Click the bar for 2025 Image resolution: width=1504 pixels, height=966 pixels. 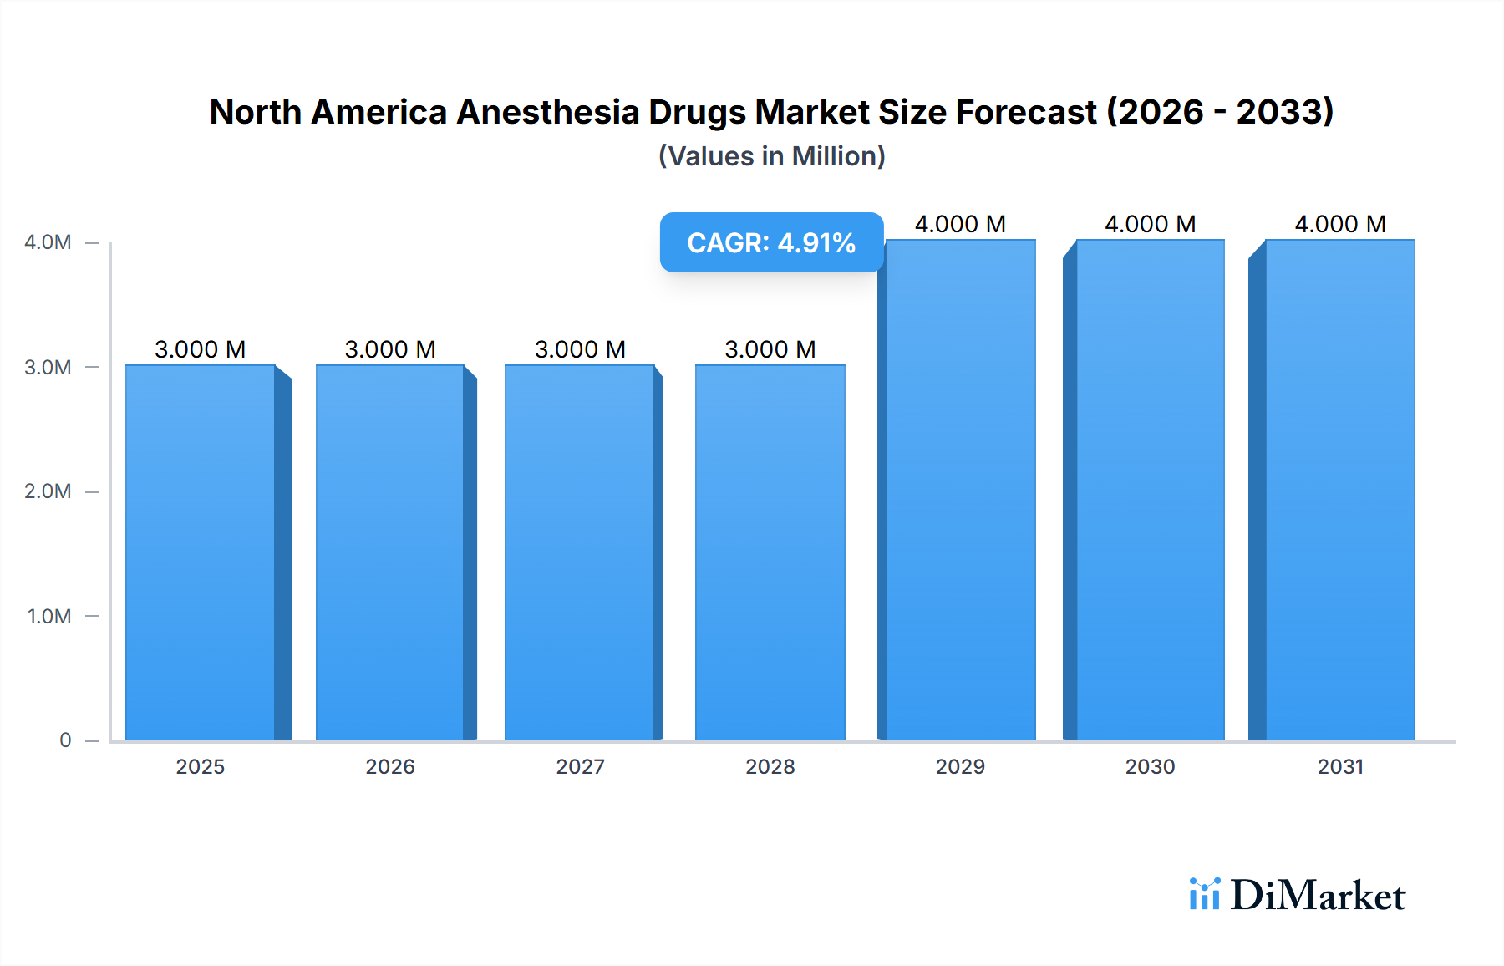click(201, 552)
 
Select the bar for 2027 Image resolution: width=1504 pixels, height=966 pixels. click(580, 552)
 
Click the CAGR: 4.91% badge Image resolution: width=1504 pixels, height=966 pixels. click(771, 242)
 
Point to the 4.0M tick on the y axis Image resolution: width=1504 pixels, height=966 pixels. click(48, 242)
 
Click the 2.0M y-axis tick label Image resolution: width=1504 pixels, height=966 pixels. click(48, 491)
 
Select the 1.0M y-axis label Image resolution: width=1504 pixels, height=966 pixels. click(48, 616)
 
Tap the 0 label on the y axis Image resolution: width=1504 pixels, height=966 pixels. click(65, 740)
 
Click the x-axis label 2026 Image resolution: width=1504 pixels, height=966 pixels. click(390, 766)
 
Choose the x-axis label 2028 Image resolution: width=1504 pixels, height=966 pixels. click(770, 766)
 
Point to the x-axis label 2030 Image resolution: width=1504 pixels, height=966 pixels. click(1151, 766)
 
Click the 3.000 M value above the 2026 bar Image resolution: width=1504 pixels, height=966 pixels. click(390, 349)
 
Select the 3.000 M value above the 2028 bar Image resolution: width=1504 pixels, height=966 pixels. click(770, 349)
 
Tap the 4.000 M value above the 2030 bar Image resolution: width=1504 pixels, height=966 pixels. click(1151, 224)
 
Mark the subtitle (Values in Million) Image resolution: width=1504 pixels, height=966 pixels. click(771, 156)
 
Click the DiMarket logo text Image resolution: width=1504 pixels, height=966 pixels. click(1318, 896)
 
